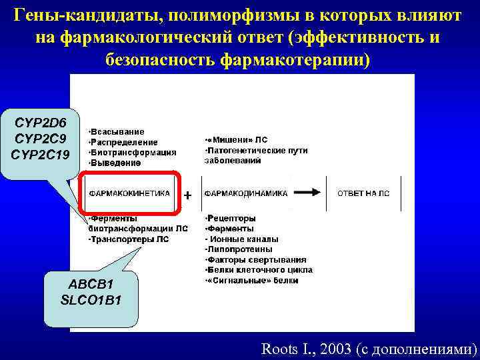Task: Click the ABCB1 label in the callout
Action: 91,285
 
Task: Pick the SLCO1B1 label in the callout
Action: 91,299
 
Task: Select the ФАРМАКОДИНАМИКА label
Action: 246,193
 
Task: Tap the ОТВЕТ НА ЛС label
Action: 363,193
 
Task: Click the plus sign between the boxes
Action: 188,195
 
